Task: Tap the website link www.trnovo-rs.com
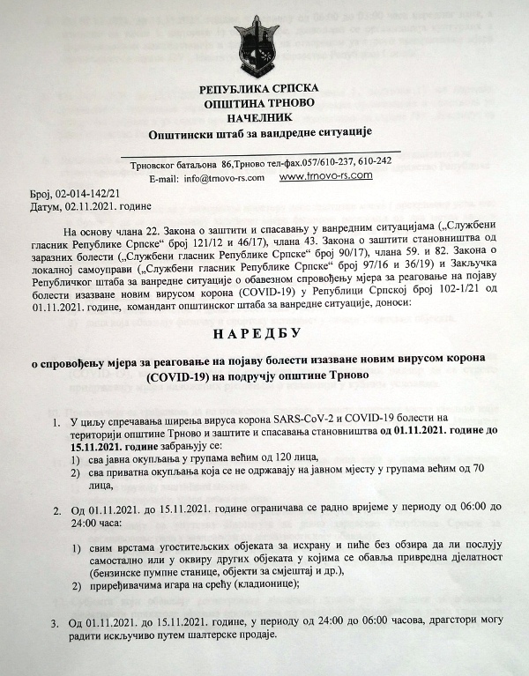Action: [x=325, y=175]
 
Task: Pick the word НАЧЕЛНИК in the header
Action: [x=264, y=116]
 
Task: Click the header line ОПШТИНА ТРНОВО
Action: [x=264, y=103]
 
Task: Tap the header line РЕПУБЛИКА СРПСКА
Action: [x=264, y=90]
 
